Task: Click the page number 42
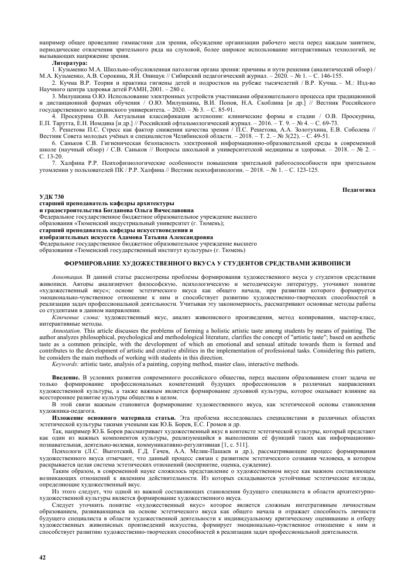point(42,557)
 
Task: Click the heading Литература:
point(69,61)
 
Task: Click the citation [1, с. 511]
point(229,446)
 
